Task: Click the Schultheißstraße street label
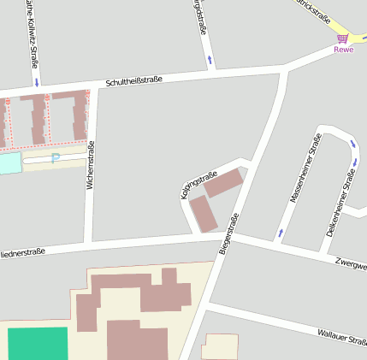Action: [x=133, y=81]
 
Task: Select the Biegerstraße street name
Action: [x=228, y=233]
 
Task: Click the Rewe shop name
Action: [x=343, y=50]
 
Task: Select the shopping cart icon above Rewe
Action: [x=343, y=38]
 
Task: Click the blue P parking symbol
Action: [x=56, y=158]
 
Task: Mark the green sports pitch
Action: [x=38, y=343]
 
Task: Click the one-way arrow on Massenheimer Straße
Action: [x=280, y=233]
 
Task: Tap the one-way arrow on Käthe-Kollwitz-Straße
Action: [x=37, y=81]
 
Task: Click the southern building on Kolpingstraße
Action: [x=204, y=214]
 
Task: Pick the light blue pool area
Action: [x=9, y=162]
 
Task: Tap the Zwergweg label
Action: [x=352, y=264]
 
